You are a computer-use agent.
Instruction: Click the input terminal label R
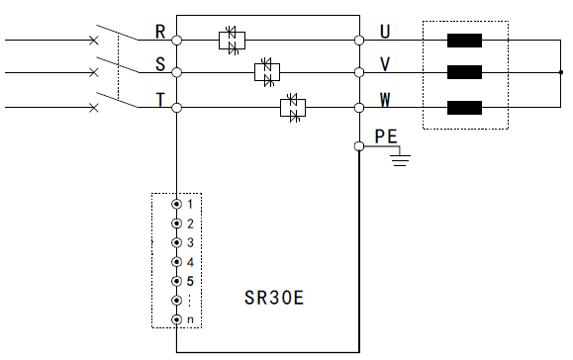pyautogui.click(x=160, y=32)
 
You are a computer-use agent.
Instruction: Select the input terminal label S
pyautogui.click(x=160, y=64)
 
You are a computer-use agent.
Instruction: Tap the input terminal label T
pyautogui.click(x=160, y=98)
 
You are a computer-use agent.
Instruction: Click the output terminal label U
pyautogui.click(x=385, y=32)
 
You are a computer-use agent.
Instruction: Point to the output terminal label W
pyautogui.click(x=386, y=99)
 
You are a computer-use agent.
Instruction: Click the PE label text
pyautogui.click(x=385, y=136)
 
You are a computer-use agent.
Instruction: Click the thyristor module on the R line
pyautogui.click(x=232, y=41)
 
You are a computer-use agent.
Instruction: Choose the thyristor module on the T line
pyautogui.click(x=292, y=106)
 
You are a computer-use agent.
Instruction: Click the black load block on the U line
pyautogui.click(x=464, y=42)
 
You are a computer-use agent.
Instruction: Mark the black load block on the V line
pyautogui.click(x=464, y=72)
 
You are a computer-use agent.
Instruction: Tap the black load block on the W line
pyautogui.click(x=464, y=106)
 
